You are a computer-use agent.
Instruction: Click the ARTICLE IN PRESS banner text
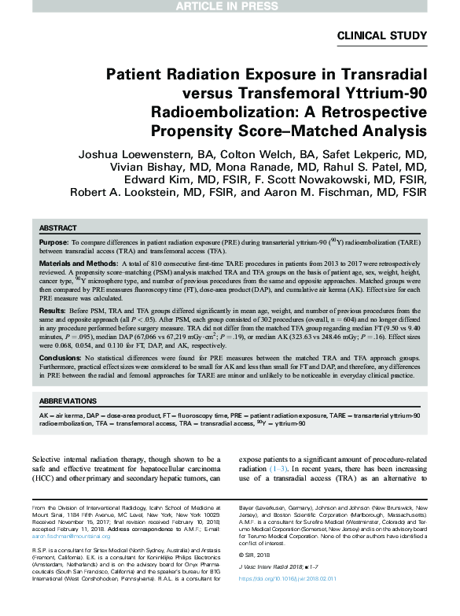[x=230, y=6]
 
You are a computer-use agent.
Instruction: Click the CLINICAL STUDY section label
[x=381, y=35]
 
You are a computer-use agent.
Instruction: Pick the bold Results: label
[x=53, y=311]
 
